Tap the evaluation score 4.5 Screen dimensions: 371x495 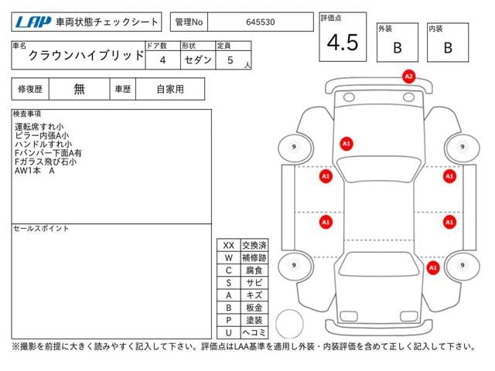[x=343, y=43]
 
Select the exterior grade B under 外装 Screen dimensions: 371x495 [x=397, y=48]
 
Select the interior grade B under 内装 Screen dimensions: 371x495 [x=447, y=48]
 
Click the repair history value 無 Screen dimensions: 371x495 [x=79, y=89]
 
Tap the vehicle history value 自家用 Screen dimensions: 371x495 [x=169, y=89]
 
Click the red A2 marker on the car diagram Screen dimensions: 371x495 [x=409, y=77]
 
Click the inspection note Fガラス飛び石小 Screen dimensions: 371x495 [x=46, y=162]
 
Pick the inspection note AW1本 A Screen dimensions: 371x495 [x=35, y=172]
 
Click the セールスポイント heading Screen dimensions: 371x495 [x=41, y=229]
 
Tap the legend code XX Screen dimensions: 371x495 [x=228, y=245]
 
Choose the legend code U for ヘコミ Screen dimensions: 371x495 [x=228, y=332]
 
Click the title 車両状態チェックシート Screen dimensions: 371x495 [x=109, y=22]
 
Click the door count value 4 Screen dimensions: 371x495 [x=162, y=59]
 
